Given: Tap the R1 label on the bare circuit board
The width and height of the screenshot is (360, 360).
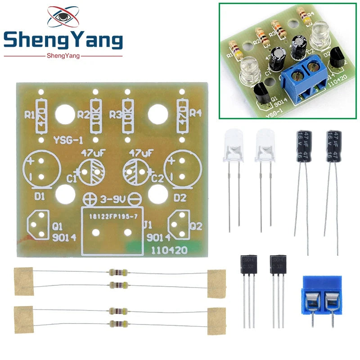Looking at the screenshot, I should (30, 115).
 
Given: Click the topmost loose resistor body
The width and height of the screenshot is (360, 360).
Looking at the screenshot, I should (118, 272).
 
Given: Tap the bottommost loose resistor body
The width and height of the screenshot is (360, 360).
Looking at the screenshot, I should (118, 323).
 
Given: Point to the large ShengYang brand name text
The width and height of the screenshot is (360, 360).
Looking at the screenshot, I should (63, 41).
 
